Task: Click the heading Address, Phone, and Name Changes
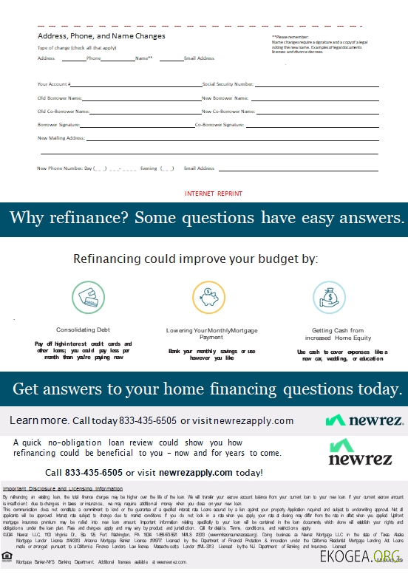click(x=101, y=35)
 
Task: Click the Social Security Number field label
click(x=228, y=85)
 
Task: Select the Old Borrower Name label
click(x=60, y=98)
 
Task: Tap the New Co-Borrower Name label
click(x=228, y=112)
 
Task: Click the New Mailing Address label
click(x=61, y=138)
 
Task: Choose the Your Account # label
click(x=54, y=85)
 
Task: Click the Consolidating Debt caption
click(x=84, y=329)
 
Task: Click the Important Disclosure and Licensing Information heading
click(x=63, y=489)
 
